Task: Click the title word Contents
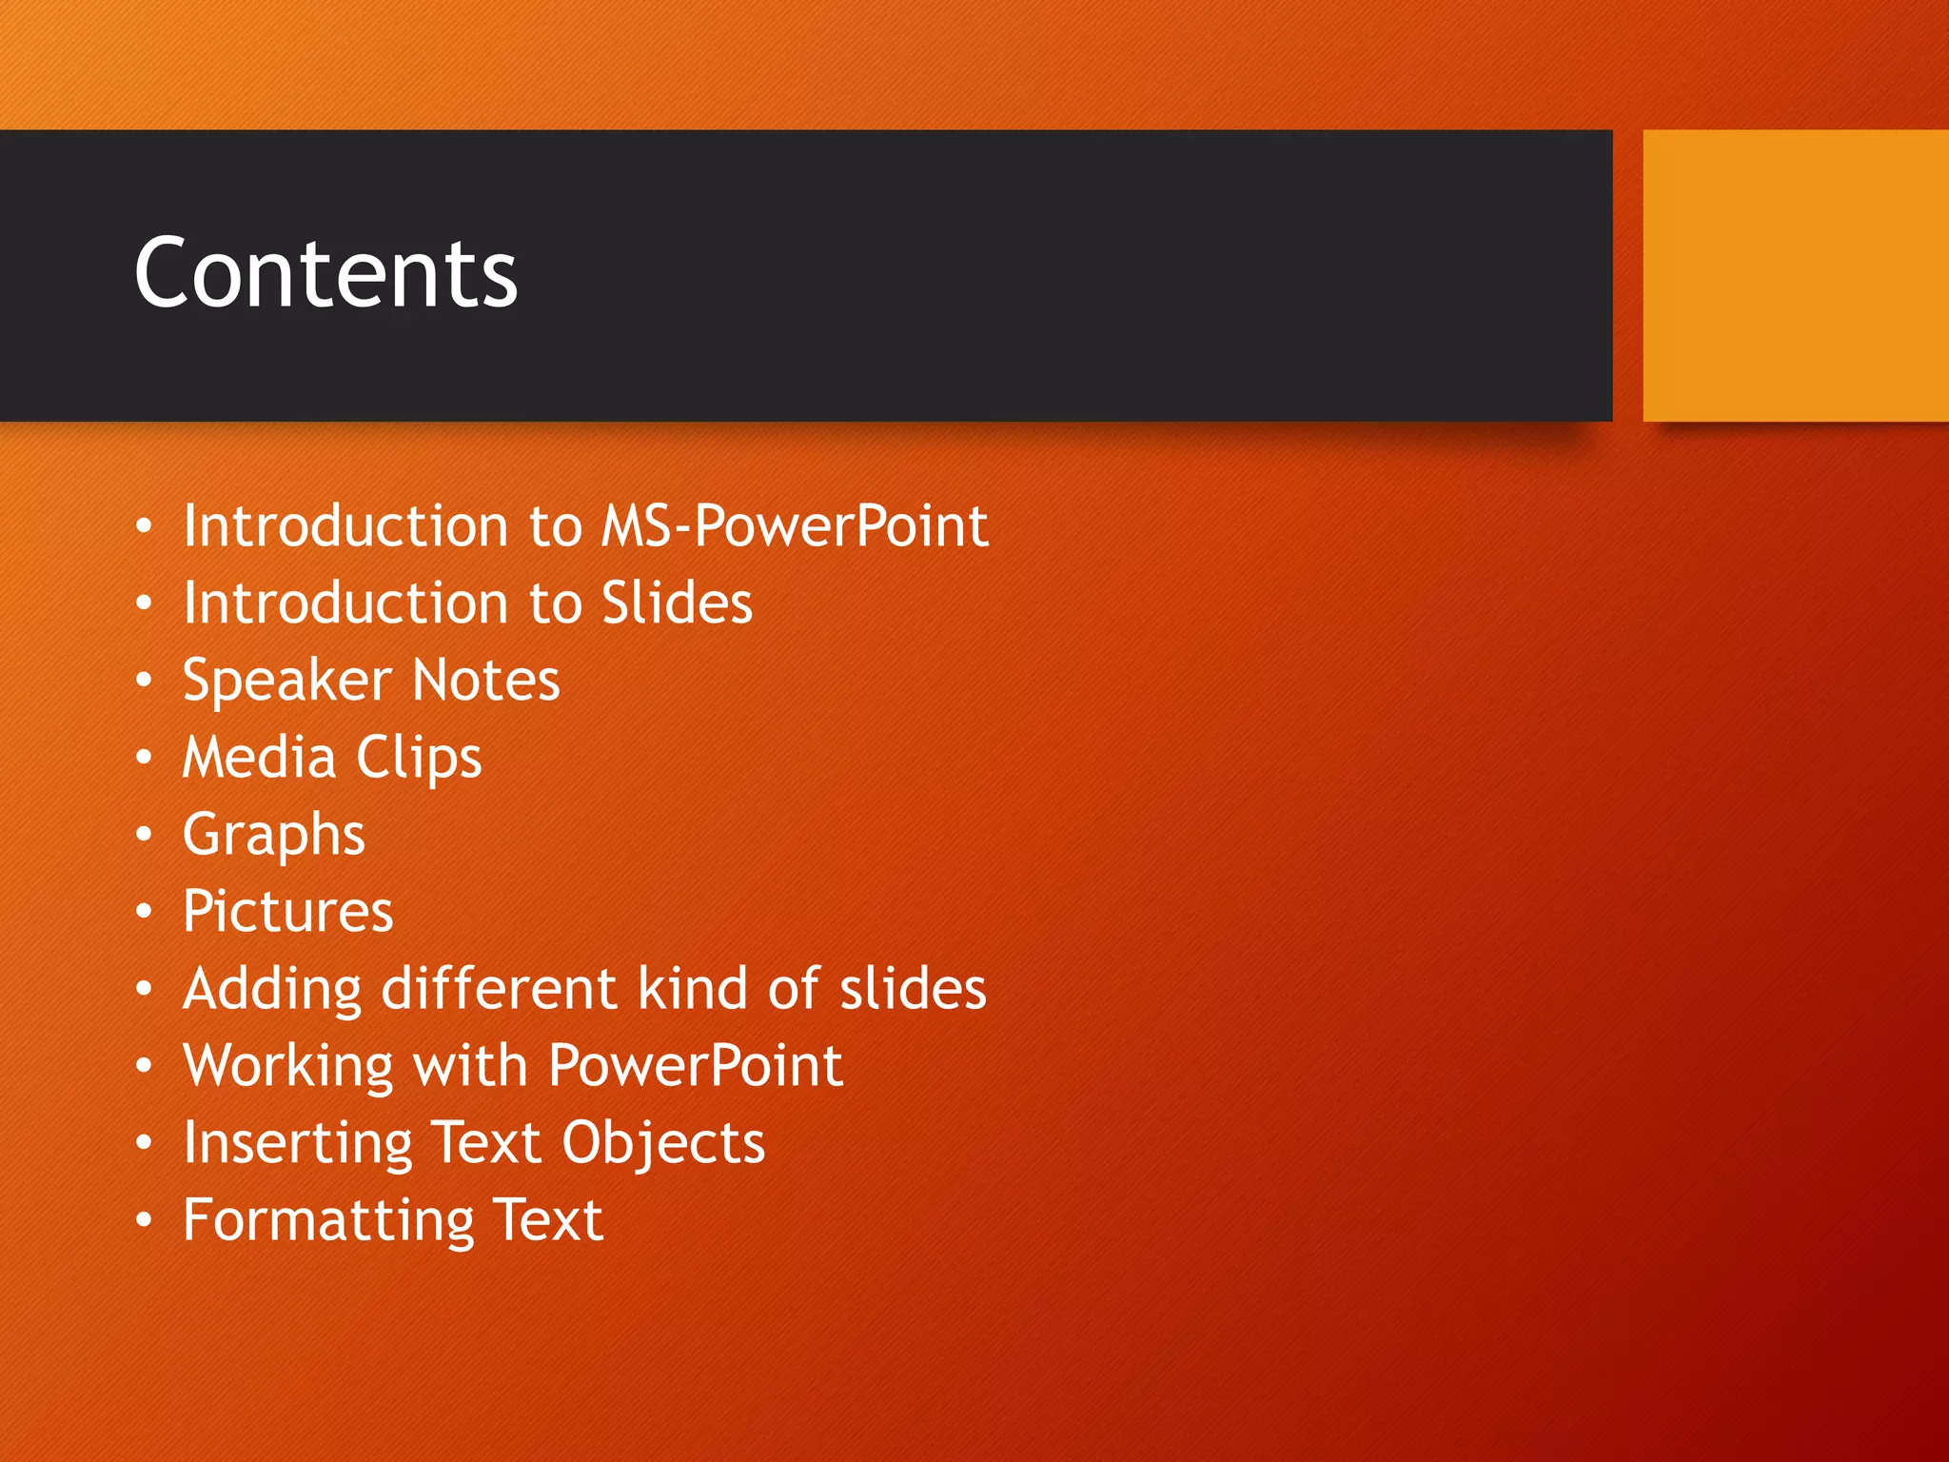[x=325, y=274]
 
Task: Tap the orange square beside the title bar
[x=1795, y=275]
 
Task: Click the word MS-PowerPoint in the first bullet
[x=795, y=526]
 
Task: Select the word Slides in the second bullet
[x=677, y=603]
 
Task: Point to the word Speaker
[x=286, y=682]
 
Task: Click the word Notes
[x=486, y=681]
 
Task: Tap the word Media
[x=259, y=758]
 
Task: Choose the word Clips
[x=419, y=759]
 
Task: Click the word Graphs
[x=273, y=836]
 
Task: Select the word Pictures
[x=287, y=912]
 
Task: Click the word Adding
[x=272, y=989]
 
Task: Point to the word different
[x=500, y=989]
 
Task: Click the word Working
[x=288, y=1066]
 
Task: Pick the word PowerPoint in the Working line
[x=696, y=1066]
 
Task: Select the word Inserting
[x=297, y=1143]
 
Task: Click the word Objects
[x=663, y=1143]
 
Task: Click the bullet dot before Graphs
[x=144, y=835]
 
